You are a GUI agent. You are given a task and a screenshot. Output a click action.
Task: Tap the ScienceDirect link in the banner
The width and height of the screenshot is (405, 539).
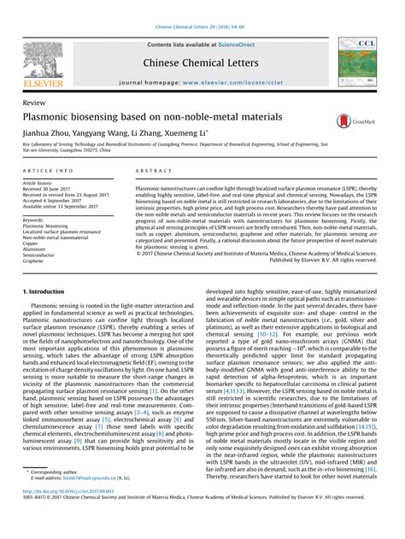click(x=241, y=44)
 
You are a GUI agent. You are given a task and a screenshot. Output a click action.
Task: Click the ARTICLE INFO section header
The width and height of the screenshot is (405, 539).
click(x=48, y=171)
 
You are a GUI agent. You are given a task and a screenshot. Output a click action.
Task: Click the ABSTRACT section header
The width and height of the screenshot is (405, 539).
click(x=150, y=171)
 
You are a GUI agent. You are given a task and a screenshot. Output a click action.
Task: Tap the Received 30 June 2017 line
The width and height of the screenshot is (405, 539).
click(x=53, y=189)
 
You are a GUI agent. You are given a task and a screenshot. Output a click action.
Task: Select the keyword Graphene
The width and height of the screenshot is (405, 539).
click(x=38, y=260)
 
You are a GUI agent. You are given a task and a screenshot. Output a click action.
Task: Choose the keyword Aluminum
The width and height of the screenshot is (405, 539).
click(x=38, y=248)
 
